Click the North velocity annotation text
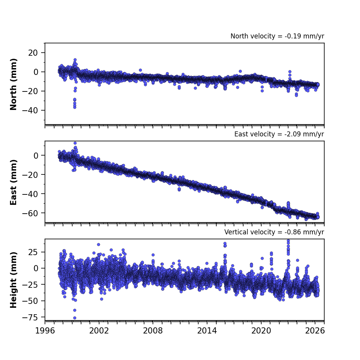(277, 36)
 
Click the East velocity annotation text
(279, 134)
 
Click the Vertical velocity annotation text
(274, 232)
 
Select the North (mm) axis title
(13, 84)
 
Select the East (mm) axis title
(13, 182)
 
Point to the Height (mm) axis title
(13, 280)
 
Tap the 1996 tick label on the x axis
(45, 331)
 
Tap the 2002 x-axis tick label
(99, 331)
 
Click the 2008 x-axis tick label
(153, 331)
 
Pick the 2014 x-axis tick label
(207, 331)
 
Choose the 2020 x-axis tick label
(261, 331)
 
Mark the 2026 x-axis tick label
(315, 331)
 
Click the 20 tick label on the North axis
(33, 53)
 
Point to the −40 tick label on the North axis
(30, 110)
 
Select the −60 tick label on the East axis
(30, 213)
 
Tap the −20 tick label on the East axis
(30, 175)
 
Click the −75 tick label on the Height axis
(30, 317)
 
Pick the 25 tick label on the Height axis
(33, 252)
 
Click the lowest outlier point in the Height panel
(75, 318)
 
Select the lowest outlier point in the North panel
(75, 107)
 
